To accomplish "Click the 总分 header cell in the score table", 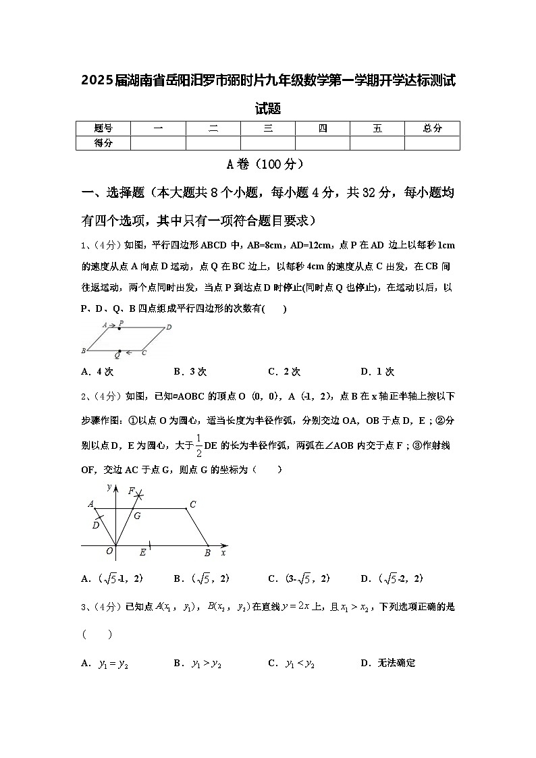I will [432, 128].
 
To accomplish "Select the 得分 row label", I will [103, 142].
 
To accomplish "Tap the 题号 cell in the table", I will [103, 128].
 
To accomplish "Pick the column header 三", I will [268, 128].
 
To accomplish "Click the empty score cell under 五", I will [377, 142].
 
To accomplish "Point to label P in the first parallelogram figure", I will [120, 324].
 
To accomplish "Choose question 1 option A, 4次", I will [97, 372].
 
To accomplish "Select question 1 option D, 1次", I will [377, 372].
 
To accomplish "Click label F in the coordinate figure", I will [131, 491].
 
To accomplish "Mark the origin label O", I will [109, 551].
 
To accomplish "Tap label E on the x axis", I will [142, 553].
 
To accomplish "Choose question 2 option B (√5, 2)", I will [201, 578].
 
